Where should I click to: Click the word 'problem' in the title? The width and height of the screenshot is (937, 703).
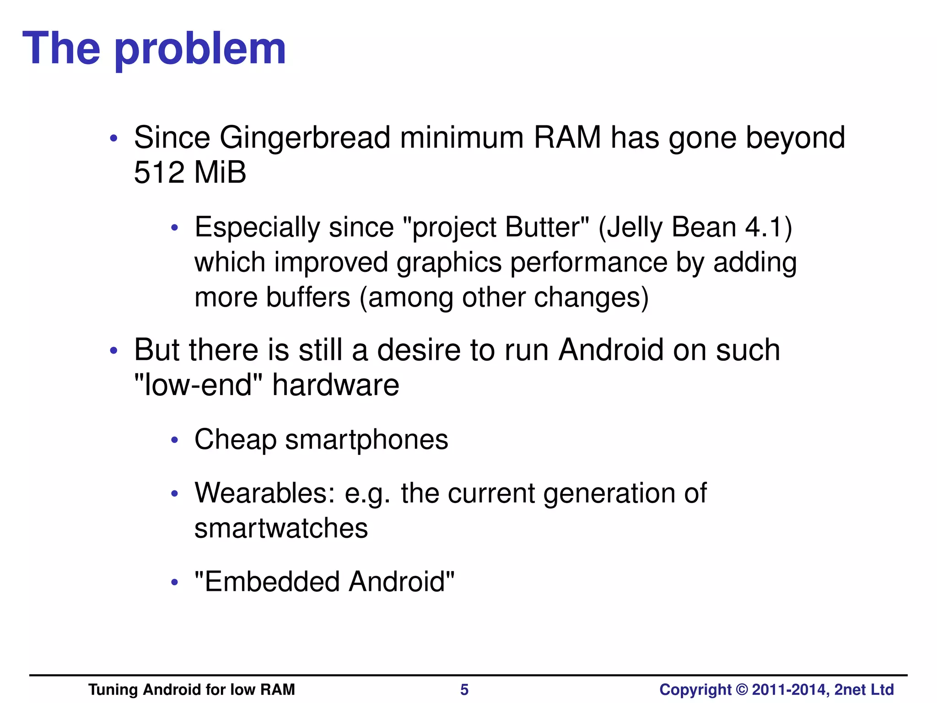click(x=200, y=49)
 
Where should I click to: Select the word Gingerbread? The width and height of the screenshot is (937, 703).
click(x=305, y=138)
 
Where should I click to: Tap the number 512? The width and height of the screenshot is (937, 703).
click(x=159, y=173)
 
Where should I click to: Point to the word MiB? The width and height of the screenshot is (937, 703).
click(x=220, y=173)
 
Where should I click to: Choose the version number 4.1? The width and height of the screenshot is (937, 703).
click(x=763, y=227)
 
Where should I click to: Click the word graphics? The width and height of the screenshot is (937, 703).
click(x=449, y=263)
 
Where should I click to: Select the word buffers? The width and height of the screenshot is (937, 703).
click(x=308, y=297)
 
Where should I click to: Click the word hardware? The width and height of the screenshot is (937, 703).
click(x=335, y=385)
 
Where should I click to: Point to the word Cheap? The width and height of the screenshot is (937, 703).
click(x=235, y=440)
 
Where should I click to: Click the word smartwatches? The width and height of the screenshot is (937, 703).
click(x=281, y=528)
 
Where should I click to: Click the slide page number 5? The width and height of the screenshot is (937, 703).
click(x=464, y=689)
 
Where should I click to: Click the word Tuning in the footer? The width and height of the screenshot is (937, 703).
click(x=113, y=689)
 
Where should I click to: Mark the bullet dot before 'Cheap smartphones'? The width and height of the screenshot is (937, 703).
click(x=174, y=441)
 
